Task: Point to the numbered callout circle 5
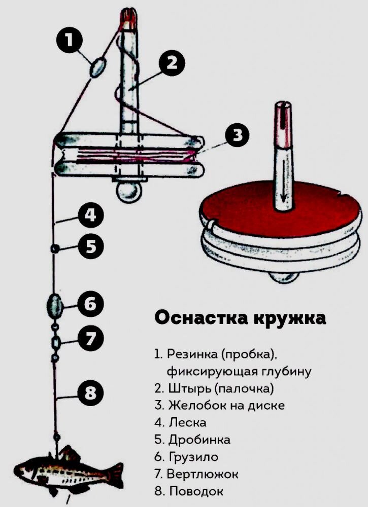click(x=90, y=247)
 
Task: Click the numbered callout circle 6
click(x=90, y=304)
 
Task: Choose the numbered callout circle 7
click(x=90, y=338)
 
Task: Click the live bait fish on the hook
click(x=66, y=469)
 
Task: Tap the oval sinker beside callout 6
click(x=54, y=304)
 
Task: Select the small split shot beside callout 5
click(x=54, y=248)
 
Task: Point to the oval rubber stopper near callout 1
click(x=97, y=67)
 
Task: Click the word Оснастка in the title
click(x=196, y=318)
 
